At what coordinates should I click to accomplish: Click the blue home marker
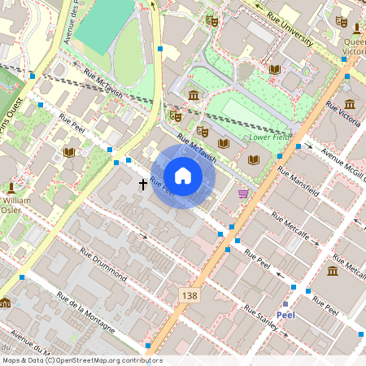click(183, 176)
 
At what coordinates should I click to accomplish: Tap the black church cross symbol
click(143, 185)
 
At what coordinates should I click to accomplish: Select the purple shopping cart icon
click(243, 193)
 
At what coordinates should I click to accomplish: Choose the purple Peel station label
click(285, 315)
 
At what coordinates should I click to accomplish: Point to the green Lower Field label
click(269, 137)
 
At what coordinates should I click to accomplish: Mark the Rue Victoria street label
click(342, 119)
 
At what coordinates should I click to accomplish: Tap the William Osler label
click(18, 204)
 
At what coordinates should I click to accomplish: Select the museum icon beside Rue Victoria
click(350, 104)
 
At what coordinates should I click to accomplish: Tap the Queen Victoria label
click(355, 46)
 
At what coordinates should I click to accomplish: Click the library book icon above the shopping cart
click(253, 159)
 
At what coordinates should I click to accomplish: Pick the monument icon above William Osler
click(7, 186)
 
